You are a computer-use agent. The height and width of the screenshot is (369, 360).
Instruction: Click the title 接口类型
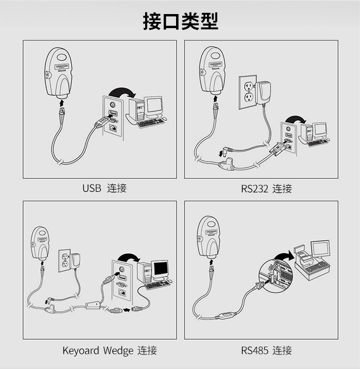181,21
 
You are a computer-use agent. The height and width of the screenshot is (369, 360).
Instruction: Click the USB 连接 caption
105,188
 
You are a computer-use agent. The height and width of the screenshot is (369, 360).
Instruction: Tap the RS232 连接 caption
267,189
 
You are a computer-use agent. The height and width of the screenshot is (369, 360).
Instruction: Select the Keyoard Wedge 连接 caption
110,350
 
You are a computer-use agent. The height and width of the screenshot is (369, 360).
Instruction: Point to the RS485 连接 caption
267,350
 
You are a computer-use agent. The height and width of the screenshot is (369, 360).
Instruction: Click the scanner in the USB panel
58,73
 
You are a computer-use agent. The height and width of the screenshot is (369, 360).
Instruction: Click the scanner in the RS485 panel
209,237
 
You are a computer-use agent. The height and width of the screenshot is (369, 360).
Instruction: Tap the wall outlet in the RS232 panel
247,92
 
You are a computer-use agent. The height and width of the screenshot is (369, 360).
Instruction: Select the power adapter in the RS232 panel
264,93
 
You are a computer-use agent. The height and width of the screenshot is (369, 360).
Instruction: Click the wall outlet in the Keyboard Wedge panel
64,261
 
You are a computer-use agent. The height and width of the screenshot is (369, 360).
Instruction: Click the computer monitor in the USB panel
154,106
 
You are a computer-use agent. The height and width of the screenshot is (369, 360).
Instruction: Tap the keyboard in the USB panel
150,123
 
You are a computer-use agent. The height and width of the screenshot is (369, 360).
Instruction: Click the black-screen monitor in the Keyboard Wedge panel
160,269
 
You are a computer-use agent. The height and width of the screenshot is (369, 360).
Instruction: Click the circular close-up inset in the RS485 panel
276,276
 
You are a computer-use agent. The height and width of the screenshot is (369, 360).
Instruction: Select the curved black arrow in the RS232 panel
296,119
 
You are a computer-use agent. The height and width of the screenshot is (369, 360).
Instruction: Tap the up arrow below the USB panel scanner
61,103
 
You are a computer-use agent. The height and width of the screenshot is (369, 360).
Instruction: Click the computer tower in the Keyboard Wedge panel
144,273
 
